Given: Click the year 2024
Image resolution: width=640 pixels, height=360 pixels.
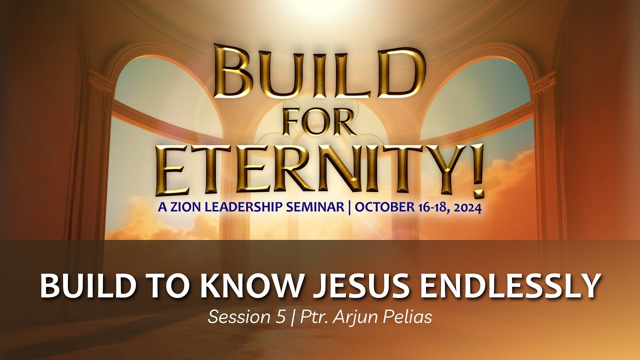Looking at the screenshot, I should click(x=464, y=208).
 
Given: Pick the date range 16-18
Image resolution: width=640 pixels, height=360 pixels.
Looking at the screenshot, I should click(x=427, y=208).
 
